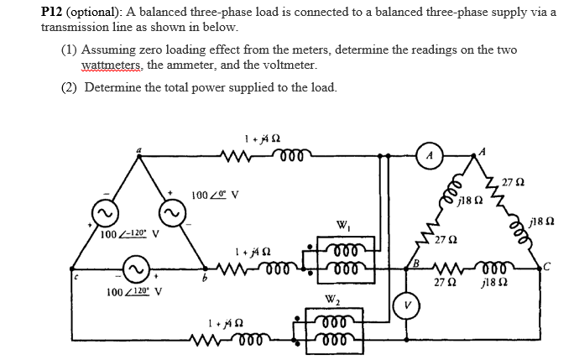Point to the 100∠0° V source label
(215, 195)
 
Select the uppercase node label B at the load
(415, 263)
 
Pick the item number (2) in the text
(70, 87)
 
